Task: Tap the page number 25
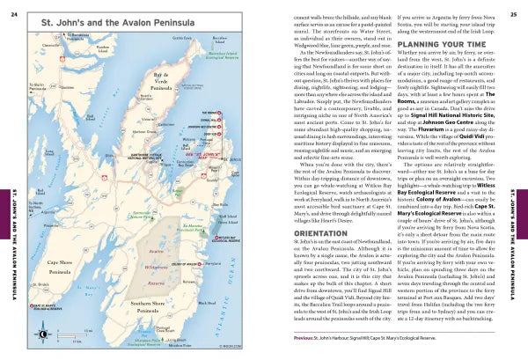click(x=513, y=11)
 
